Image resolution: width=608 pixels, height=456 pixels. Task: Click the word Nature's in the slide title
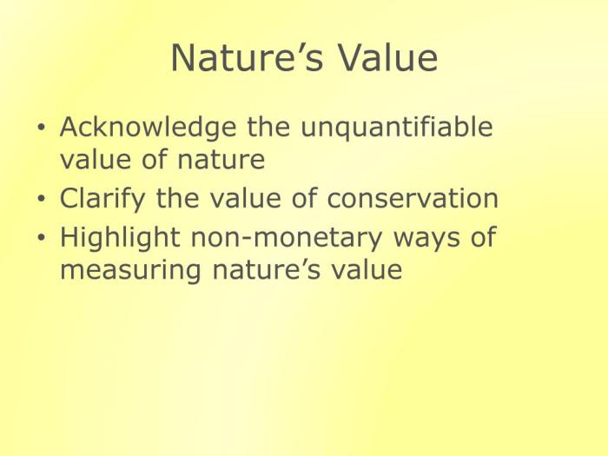click(x=247, y=57)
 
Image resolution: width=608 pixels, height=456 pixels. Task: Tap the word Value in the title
click(x=387, y=57)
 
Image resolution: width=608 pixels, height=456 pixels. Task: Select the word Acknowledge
click(x=148, y=128)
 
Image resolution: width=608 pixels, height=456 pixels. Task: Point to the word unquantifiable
click(x=397, y=128)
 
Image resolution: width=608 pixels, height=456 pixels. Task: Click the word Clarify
click(x=102, y=199)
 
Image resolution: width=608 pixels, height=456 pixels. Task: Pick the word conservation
click(x=413, y=199)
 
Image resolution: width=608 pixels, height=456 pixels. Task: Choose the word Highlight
click(x=120, y=238)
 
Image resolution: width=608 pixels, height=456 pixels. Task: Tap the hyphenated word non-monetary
click(x=287, y=239)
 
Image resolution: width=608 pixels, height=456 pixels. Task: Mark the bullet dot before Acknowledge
click(x=41, y=127)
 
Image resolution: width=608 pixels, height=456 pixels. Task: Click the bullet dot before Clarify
click(x=41, y=198)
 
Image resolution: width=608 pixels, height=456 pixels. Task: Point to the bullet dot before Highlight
click(x=41, y=237)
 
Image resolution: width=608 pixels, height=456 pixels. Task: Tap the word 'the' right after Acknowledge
click(x=268, y=126)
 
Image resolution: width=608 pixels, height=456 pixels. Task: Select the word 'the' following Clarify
click(x=177, y=197)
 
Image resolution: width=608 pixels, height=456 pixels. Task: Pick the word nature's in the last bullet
click(x=267, y=269)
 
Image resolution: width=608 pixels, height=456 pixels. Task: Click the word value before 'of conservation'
click(x=245, y=197)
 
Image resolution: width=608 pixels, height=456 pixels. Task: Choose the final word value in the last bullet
click(x=367, y=268)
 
